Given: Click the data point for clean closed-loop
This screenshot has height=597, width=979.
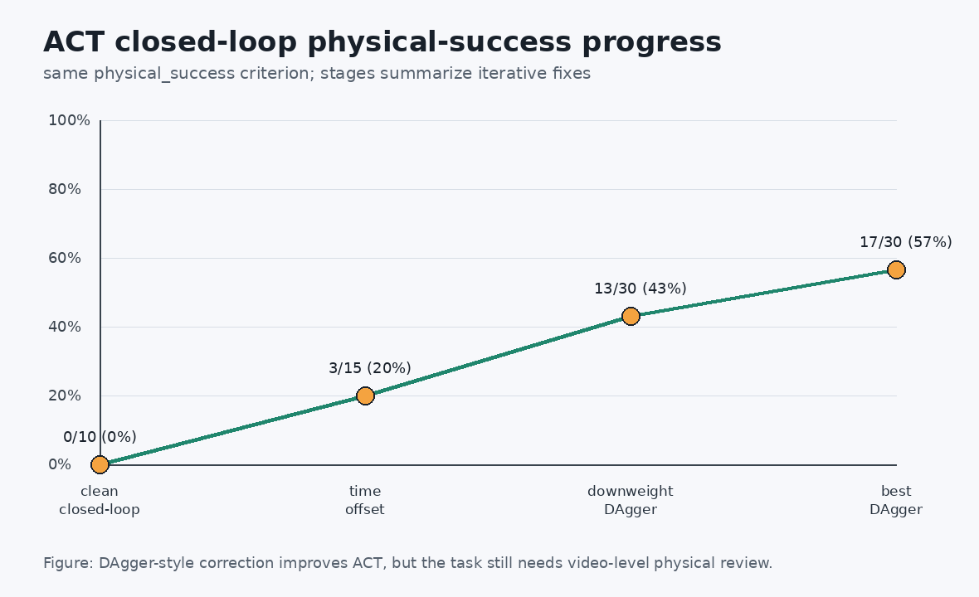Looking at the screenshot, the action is pyautogui.click(x=100, y=465).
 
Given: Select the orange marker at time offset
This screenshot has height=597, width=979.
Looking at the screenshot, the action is pyautogui.click(x=365, y=396).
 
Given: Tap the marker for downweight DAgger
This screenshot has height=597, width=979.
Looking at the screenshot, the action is pyautogui.click(x=631, y=316).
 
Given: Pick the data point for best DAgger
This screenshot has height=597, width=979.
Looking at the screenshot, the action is pyautogui.click(x=896, y=269).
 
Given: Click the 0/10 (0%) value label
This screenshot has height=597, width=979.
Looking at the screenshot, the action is pyautogui.click(x=100, y=437).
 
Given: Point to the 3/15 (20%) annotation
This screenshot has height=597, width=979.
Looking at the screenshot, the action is pyautogui.click(x=370, y=368).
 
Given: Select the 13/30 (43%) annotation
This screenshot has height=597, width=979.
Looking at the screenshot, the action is pyautogui.click(x=640, y=289).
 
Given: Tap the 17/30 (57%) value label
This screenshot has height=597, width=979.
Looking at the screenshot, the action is pyautogui.click(x=905, y=242).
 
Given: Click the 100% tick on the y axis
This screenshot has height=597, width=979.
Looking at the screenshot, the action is pyautogui.click(x=70, y=120).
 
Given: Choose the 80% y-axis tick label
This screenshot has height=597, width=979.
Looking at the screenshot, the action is pyautogui.click(x=65, y=189).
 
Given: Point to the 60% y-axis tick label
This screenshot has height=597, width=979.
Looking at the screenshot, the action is pyautogui.click(x=65, y=258).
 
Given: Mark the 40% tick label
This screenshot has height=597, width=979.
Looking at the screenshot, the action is pyautogui.click(x=65, y=327).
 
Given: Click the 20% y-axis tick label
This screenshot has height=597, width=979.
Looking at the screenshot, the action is pyautogui.click(x=65, y=396).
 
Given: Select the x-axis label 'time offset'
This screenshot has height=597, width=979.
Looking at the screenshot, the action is pyautogui.click(x=365, y=500).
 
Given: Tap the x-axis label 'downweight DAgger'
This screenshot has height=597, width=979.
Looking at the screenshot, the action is pyautogui.click(x=631, y=500).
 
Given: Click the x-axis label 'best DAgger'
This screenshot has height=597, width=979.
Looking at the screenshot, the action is pyautogui.click(x=896, y=500).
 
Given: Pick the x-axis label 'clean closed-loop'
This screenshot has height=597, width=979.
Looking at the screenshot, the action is pyautogui.click(x=100, y=500).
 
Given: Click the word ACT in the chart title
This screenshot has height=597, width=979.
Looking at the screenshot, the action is pyautogui.click(x=74, y=42).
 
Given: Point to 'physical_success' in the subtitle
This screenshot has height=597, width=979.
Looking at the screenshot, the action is pyautogui.click(x=164, y=74).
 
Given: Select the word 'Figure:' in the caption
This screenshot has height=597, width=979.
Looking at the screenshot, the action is pyautogui.click(x=69, y=563).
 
